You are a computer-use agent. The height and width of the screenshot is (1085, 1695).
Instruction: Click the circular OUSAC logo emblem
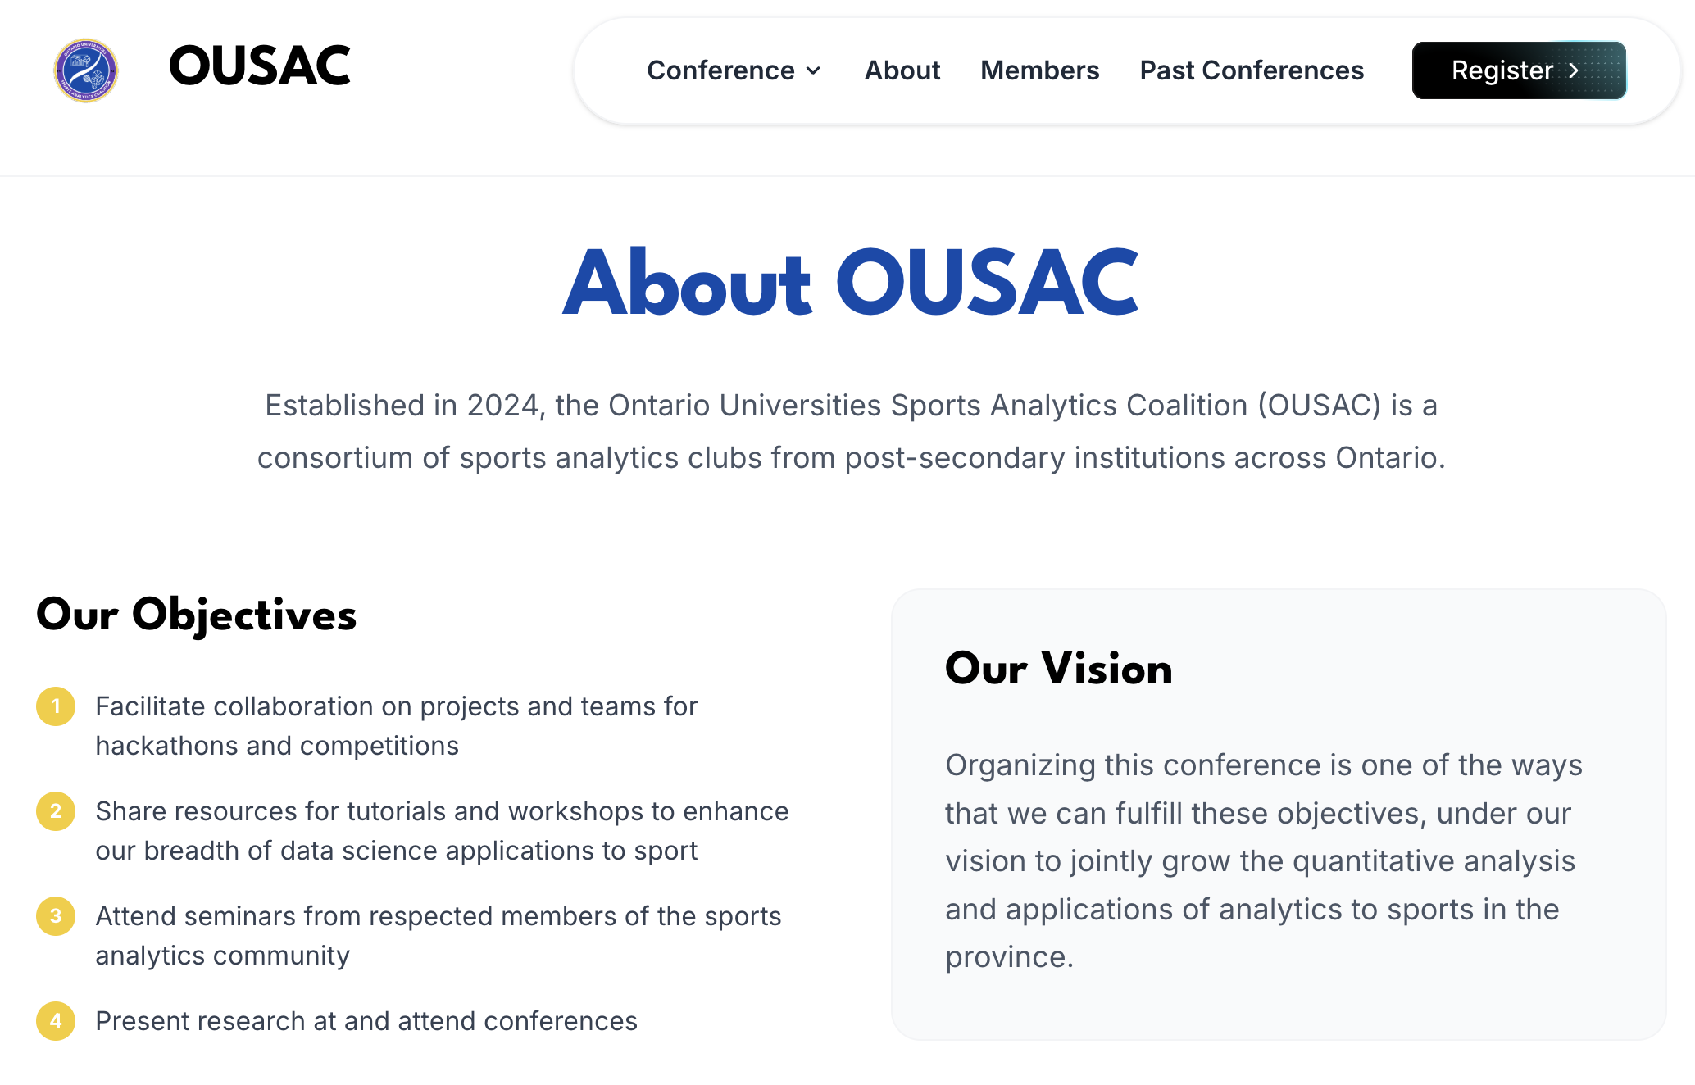click(x=86, y=70)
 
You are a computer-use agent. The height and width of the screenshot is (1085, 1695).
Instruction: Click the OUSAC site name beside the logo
click(x=259, y=66)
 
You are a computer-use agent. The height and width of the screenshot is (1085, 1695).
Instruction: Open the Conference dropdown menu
click(x=720, y=70)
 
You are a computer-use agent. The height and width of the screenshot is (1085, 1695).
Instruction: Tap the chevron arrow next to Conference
click(x=813, y=71)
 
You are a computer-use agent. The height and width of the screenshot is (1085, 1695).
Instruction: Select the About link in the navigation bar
click(x=902, y=70)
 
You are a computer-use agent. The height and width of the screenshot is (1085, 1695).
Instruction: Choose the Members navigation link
click(x=1039, y=70)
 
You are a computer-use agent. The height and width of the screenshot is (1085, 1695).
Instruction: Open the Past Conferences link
click(x=1252, y=70)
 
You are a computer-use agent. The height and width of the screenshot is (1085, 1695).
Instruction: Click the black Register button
click(x=1518, y=70)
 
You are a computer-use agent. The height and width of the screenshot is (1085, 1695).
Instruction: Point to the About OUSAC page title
click(x=850, y=283)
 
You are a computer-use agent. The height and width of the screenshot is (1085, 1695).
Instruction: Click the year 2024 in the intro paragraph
click(x=502, y=406)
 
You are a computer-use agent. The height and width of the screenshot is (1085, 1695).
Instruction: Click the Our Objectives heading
click(x=197, y=615)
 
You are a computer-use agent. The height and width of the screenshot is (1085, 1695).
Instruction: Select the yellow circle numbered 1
click(x=56, y=706)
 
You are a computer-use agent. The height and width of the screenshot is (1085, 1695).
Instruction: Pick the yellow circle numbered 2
click(x=56, y=811)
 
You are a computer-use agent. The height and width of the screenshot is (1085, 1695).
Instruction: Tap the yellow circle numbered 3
click(x=56, y=916)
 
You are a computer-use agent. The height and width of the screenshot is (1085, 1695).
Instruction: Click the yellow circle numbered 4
click(x=56, y=1021)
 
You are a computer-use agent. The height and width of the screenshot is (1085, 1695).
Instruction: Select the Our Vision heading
click(x=1058, y=669)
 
